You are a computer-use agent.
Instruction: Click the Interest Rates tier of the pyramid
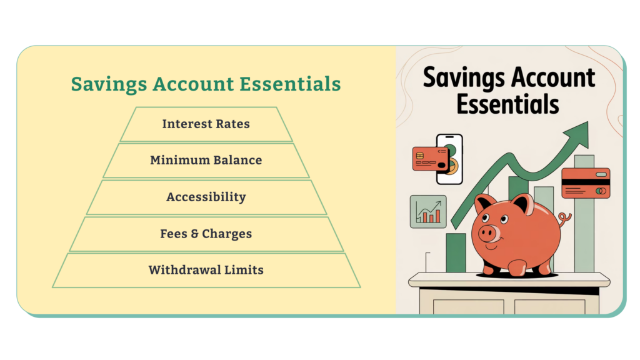pyautogui.click(x=206, y=124)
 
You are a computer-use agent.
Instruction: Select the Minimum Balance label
pyautogui.click(x=206, y=160)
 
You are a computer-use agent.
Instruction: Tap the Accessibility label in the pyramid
pyautogui.click(x=206, y=197)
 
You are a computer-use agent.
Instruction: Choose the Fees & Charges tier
pyautogui.click(x=206, y=234)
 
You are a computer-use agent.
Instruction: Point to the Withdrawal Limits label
pyautogui.click(x=206, y=270)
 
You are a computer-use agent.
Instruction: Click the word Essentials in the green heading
pyautogui.click(x=290, y=84)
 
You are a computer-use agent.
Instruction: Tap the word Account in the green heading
pyautogui.click(x=194, y=84)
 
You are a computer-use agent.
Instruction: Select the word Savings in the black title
pyautogui.click(x=464, y=78)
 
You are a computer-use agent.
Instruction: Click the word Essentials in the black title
pyautogui.click(x=507, y=104)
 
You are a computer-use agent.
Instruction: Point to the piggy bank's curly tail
pyautogui.click(x=565, y=219)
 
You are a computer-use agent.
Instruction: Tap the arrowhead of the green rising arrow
pyautogui.click(x=577, y=135)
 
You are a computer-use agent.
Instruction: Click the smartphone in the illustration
pyautogui.click(x=449, y=159)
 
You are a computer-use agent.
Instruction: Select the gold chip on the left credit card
pyautogui.click(x=420, y=156)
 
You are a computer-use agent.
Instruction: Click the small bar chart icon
pyautogui.click(x=428, y=211)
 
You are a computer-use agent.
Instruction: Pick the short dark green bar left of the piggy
pyautogui.click(x=456, y=252)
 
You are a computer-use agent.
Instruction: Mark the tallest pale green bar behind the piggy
pyautogui.click(x=584, y=214)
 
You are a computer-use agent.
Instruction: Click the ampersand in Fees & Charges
pyautogui.click(x=194, y=234)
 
